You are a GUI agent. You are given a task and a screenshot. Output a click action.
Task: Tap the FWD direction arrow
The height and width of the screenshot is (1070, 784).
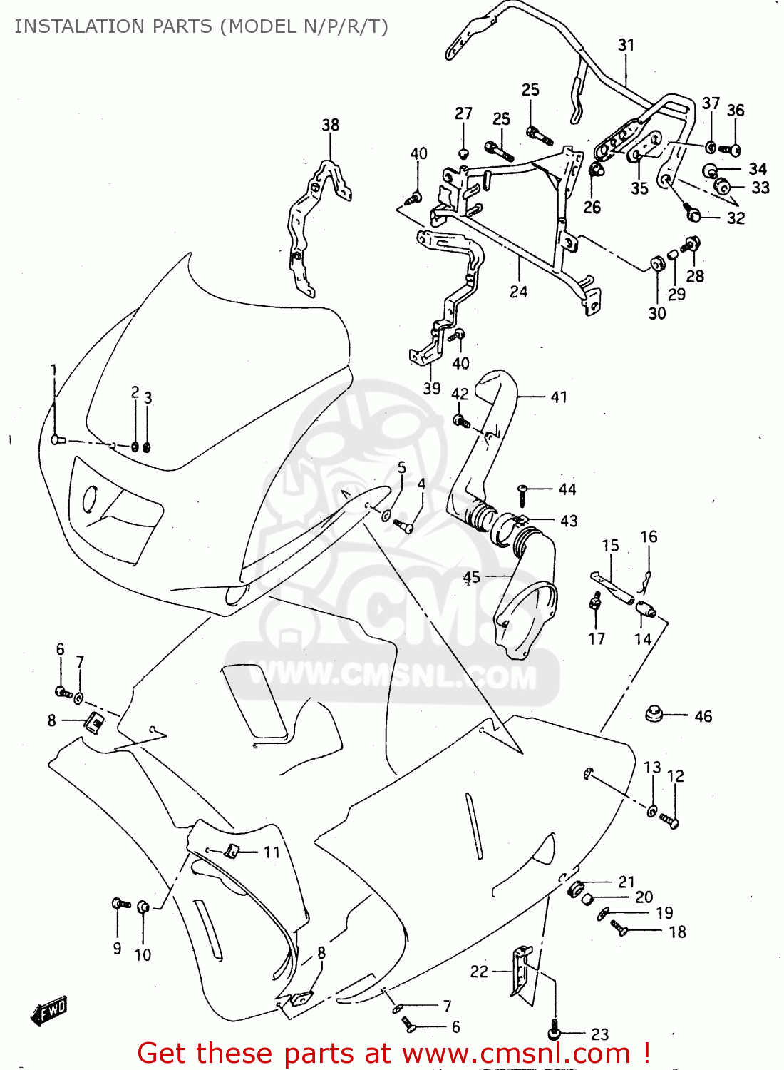[49, 1011]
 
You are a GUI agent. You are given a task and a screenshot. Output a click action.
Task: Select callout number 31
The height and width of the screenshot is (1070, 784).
[626, 45]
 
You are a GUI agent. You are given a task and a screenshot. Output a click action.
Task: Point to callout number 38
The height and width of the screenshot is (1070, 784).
[330, 125]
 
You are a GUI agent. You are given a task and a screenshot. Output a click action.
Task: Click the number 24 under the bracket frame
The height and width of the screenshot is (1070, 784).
[518, 292]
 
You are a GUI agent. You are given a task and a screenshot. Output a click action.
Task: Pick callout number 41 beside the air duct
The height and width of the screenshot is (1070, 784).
[559, 397]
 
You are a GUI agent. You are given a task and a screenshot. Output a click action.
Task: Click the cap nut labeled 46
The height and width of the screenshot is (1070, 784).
[654, 713]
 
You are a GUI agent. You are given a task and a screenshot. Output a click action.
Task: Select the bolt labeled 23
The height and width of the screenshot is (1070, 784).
[555, 1032]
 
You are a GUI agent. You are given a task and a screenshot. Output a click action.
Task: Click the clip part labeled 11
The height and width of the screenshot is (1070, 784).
[232, 850]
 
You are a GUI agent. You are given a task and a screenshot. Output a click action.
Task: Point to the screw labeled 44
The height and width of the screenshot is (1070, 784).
[522, 489]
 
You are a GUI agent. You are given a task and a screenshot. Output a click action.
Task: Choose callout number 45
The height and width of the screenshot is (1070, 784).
[471, 576]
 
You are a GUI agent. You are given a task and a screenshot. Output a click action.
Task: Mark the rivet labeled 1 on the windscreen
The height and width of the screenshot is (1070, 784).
[58, 440]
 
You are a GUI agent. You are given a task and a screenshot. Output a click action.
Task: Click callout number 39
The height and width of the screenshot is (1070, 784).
[431, 388]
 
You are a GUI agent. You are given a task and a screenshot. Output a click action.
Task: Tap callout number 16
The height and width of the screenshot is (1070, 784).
[648, 536]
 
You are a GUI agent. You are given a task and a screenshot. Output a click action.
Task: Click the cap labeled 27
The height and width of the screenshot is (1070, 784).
[463, 153]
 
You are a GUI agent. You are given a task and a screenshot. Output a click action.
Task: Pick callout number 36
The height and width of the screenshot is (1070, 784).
[735, 111]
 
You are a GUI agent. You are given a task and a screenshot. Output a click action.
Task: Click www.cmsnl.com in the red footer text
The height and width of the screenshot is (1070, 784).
[517, 1053]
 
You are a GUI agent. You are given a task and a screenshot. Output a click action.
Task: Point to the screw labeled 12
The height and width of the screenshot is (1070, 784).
[670, 821]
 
